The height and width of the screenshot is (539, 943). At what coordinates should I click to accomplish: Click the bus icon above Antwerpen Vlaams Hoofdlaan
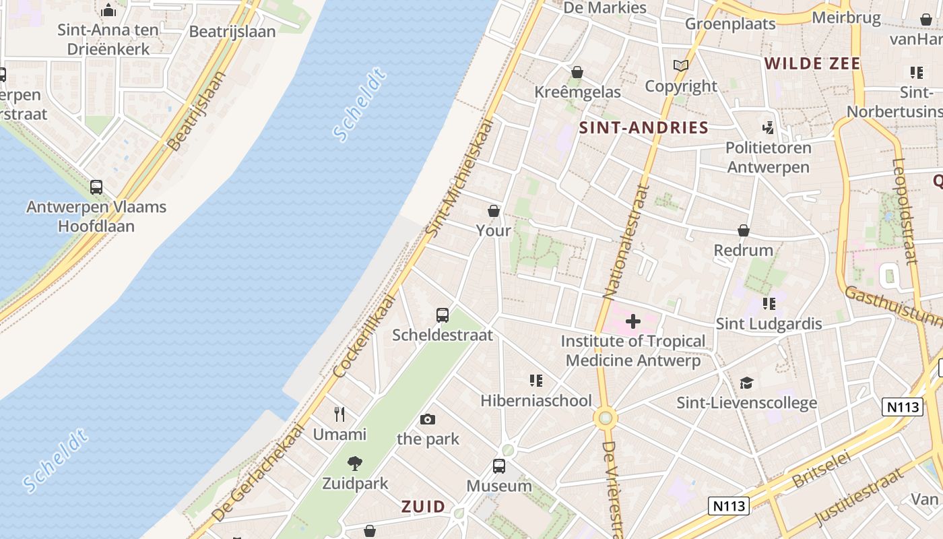[96, 187]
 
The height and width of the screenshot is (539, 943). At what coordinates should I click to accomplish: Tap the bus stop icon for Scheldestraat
[443, 315]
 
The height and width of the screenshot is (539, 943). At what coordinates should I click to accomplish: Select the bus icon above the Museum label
[499, 466]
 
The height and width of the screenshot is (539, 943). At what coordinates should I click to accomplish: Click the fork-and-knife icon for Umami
[339, 414]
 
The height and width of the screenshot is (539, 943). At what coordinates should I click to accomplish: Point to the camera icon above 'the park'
[427, 419]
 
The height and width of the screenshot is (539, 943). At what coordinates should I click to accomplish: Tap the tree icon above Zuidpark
[354, 464]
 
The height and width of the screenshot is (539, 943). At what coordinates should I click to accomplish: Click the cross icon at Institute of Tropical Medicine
[633, 321]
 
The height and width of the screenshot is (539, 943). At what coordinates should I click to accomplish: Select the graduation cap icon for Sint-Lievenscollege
[746, 383]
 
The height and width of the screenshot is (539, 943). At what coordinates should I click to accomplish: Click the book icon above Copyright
[681, 65]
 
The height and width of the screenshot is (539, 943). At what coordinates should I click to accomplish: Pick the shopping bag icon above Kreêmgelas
[577, 72]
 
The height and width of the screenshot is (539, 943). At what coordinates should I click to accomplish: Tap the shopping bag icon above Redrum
[744, 230]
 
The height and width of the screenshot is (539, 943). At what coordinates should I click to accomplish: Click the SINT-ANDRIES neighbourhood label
[643, 128]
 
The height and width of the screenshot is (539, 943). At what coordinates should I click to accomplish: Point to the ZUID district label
[424, 507]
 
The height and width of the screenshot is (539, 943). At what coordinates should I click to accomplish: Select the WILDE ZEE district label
[812, 64]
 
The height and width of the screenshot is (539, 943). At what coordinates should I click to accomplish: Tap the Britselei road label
[822, 470]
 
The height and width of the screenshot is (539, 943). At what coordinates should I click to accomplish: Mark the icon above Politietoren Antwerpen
[768, 127]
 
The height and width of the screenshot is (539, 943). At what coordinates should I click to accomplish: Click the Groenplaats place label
[730, 24]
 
